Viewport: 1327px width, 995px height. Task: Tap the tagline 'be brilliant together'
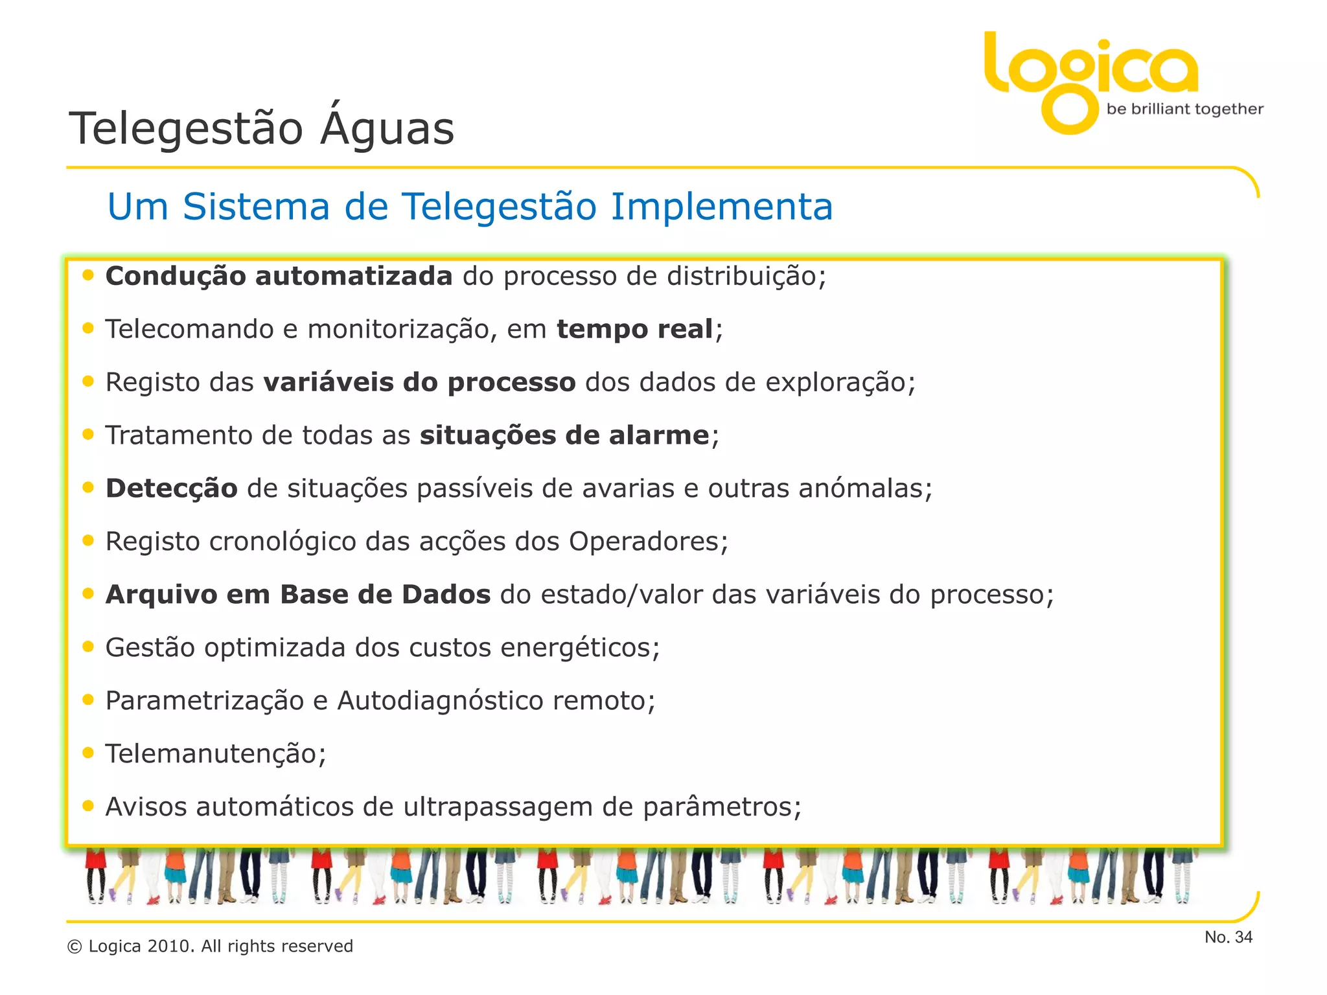pyautogui.click(x=1184, y=109)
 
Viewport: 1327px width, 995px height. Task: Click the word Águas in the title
pyautogui.click(x=387, y=128)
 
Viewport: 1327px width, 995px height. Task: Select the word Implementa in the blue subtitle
pyautogui.click(x=721, y=207)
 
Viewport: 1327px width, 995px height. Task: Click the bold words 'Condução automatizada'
pyautogui.click(x=279, y=276)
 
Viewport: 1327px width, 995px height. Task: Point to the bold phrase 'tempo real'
pyautogui.click(x=634, y=329)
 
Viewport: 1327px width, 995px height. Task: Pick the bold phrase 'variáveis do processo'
pyautogui.click(x=419, y=382)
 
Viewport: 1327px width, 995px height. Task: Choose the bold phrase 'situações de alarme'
pyautogui.click(x=564, y=435)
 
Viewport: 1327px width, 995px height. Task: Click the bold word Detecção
pyautogui.click(x=172, y=488)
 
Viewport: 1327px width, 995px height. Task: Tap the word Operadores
pyautogui.click(x=644, y=542)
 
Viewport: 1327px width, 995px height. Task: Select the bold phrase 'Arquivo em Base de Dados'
pyautogui.click(x=298, y=595)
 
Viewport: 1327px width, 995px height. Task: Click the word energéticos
pyautogui.click(x=576, y=648)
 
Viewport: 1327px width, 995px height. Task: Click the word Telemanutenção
pyautogui.click(x=211, y=754)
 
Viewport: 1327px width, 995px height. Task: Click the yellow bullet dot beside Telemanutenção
pyautogui.click(x=88, y=753)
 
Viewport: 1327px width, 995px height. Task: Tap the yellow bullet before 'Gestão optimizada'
pyautogui.click(x=88, y=646)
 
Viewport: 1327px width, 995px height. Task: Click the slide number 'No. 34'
pyautogui.click(x=1228, y=937)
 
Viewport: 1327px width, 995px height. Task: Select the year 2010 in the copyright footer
pyautogui.click(x=170, y=946)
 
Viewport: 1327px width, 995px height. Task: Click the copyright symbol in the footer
pyautogui.click(x=75, y=947)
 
